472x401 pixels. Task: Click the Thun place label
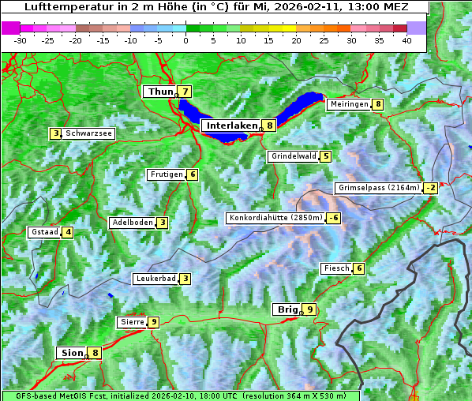click(160, 92)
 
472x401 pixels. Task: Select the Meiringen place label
click(349, 104)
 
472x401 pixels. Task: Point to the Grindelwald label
click(294, 156)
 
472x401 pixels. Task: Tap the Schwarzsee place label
click(89, 133)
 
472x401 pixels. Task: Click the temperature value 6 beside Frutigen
click(193, 174)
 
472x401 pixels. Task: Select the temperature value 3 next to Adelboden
click(162, 223)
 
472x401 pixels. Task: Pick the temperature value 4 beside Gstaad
click(68, 232)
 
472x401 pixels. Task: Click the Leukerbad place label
click(155, 279)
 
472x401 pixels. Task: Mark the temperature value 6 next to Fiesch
click(359, 268)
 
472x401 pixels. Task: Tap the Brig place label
click(286, 309)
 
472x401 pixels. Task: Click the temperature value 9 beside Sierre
click(153, 322)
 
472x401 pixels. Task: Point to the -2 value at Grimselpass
click(430, 188)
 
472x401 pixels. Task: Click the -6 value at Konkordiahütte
click(335, 218)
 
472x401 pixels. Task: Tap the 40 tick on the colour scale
click(406, 39)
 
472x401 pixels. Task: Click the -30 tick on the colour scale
click(21, 39)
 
